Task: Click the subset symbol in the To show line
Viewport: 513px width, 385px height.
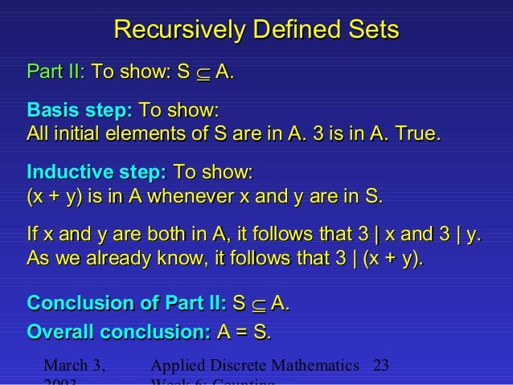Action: [x=201, y=75]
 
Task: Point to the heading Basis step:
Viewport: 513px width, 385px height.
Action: [x=80, y=110]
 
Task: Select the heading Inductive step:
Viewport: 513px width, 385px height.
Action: [x=96, y=173]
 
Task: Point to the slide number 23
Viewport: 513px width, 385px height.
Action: [x=381, y=366]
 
